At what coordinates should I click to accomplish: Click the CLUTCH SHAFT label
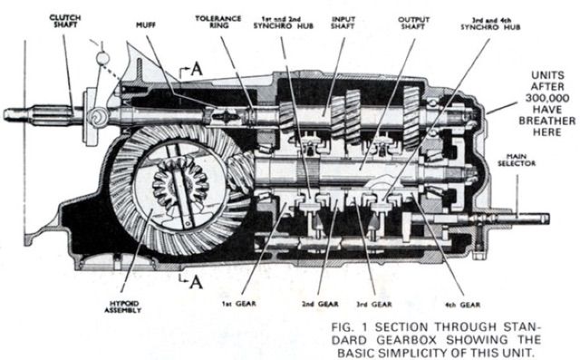point(65,21)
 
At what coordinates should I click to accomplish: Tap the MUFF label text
point(146,25)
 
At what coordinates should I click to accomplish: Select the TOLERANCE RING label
point(218,22)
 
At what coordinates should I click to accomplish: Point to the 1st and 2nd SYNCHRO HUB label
point(284,23)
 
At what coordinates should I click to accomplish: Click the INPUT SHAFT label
point(343,23)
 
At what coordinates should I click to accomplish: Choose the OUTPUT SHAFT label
point(413,23)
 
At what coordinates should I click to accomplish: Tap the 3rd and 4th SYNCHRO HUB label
point(490,24)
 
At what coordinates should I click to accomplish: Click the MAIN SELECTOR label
point(517,160)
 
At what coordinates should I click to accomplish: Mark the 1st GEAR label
point(239,304)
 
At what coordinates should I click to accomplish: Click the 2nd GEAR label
point(320,304)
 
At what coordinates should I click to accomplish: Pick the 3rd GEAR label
point(374,304)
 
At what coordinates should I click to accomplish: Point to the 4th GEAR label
point(462,305)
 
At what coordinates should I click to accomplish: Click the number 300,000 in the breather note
point(547,98)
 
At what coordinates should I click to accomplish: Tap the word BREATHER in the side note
point(547,121)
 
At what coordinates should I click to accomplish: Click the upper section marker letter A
point(197,69)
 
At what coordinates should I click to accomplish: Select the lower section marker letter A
point(196,282)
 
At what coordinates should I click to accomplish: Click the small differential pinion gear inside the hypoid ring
point(180,184)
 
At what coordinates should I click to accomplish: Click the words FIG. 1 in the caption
point(349,327)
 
